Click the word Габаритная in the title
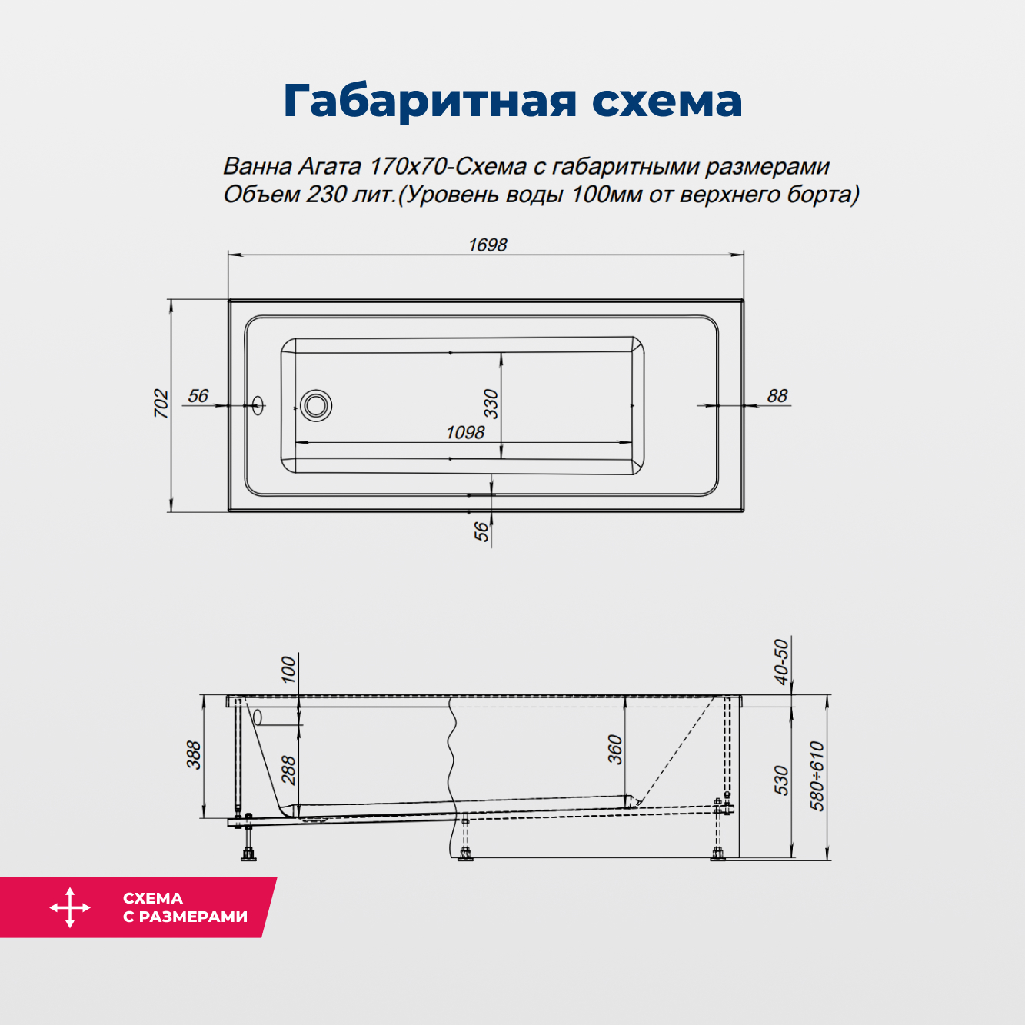coord(429,101)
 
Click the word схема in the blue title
coord(667,101)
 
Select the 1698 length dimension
coord(488,245)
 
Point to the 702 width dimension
coord(161,404)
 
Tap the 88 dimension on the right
coord(777,396)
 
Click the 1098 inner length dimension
coord(465,433)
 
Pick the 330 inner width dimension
coord(491,404)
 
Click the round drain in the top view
coord(316,404)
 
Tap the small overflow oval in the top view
coord(257,404)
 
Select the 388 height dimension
coord(194,755)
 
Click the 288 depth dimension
coord(288,770)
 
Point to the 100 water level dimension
coord(288,669)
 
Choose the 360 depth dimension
coord(615,750)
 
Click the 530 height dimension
coord(781,780)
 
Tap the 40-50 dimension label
coord(781,661)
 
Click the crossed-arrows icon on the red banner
coord(70,907)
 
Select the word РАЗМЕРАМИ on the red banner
coord(193,917)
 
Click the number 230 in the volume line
coord(326,195)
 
